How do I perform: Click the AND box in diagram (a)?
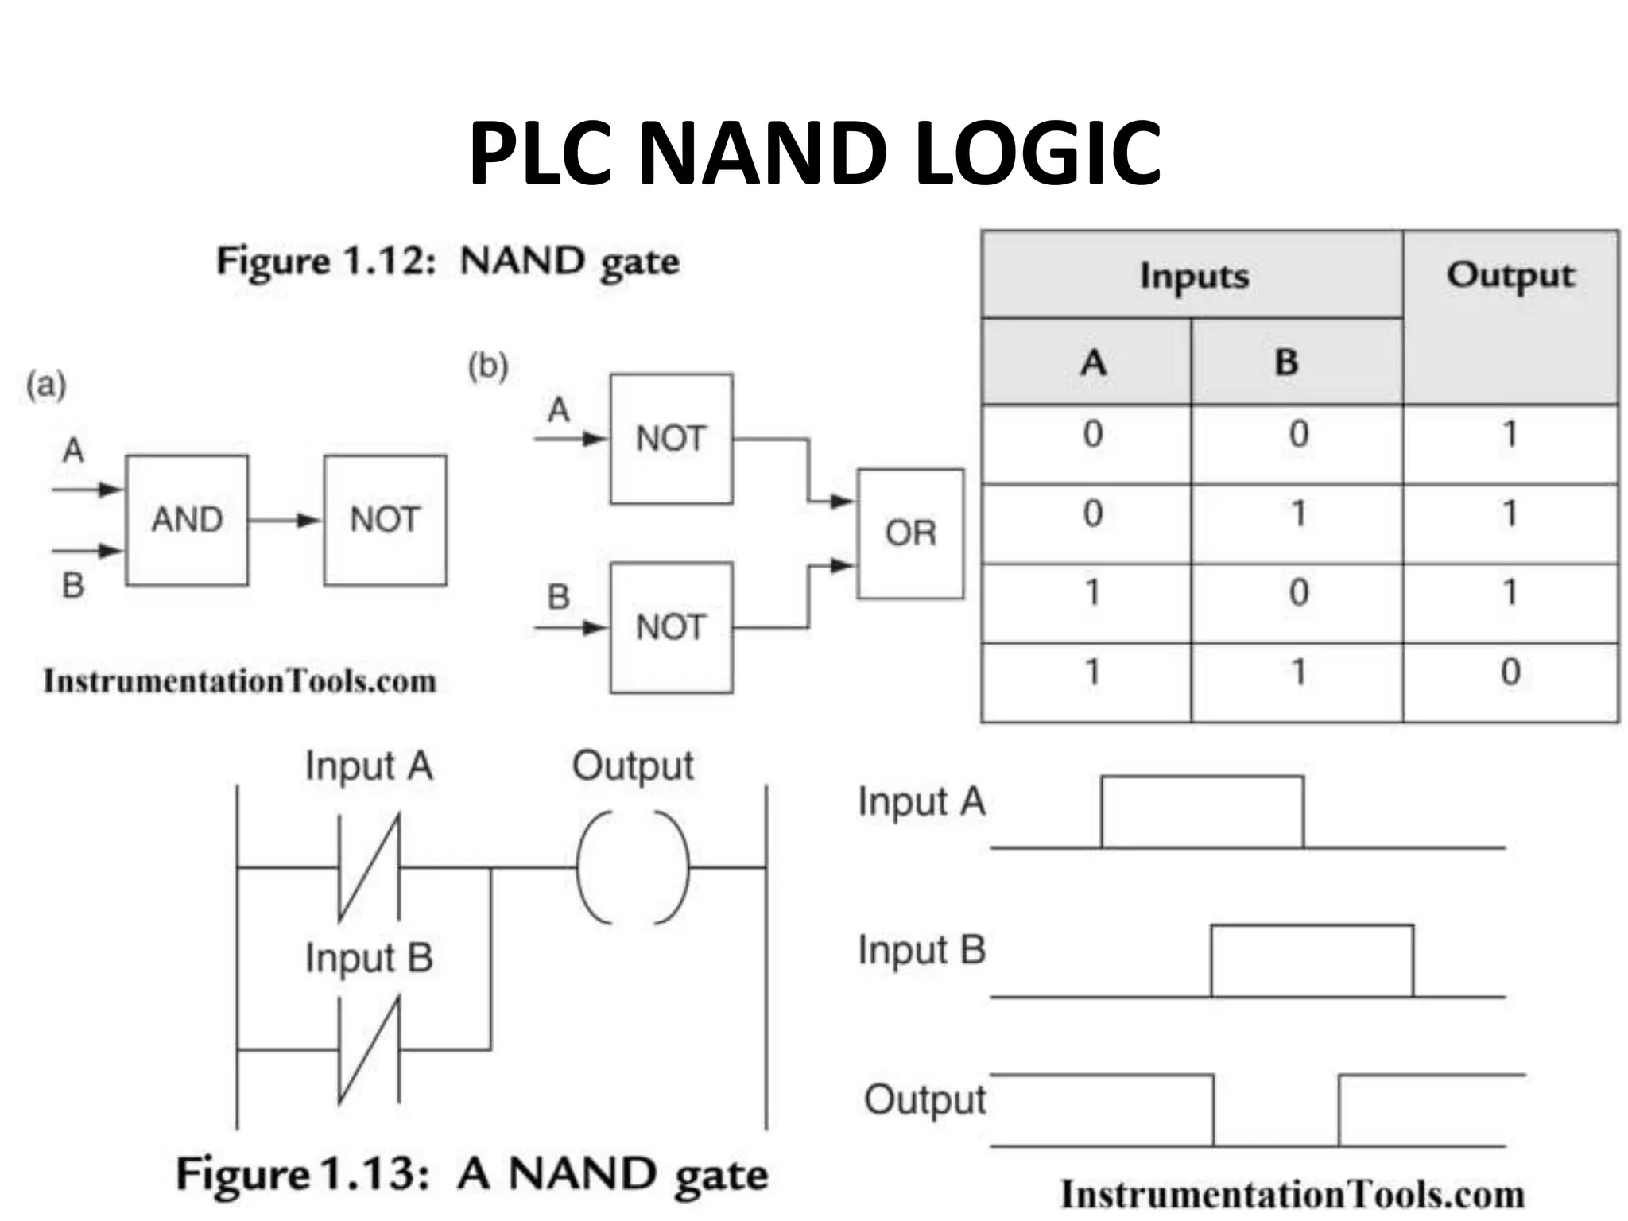[x=187, y=521]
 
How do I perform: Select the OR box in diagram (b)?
[x=910, y=533]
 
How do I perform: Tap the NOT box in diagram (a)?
[x=385, y=521]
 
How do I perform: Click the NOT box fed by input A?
[x=671, y=439]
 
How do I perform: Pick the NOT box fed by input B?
[x=671, y=627]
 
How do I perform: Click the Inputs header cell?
[x=1192, y=276]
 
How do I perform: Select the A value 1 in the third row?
[x=1092, y=593]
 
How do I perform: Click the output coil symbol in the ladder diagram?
[x=633, y=868]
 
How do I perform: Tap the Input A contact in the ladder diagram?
[x=369, y=868]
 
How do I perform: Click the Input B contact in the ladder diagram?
[x=369, y=1049]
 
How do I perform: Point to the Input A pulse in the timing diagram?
[x=1202, y=811]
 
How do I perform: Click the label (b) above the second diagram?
[x=487, y=367]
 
